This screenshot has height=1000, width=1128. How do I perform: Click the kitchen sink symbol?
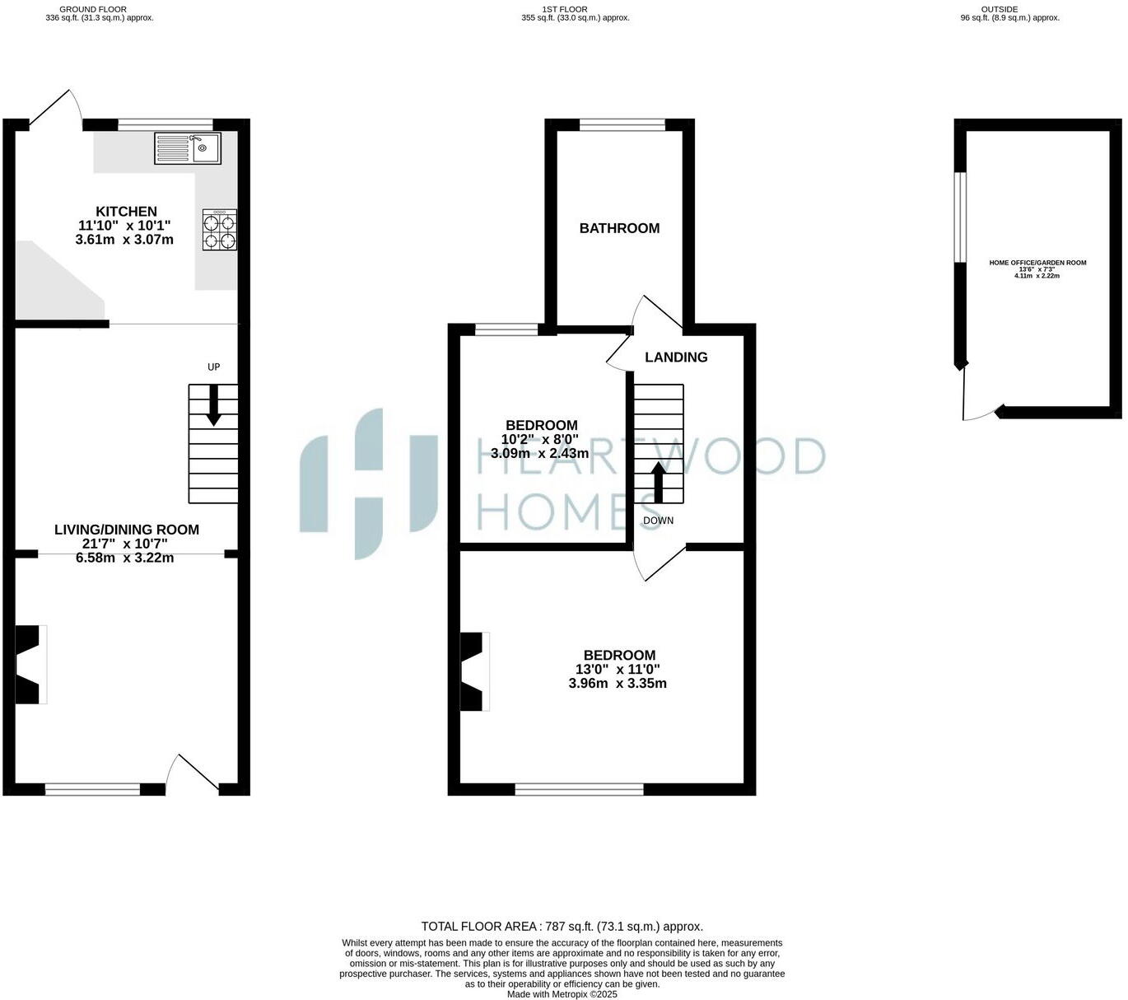[x=188, y=148]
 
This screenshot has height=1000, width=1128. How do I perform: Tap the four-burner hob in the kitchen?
[x=220, y=230]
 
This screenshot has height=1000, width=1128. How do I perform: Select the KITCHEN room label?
[x=126, y=212]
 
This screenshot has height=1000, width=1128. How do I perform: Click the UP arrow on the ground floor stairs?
[x=213, y=405]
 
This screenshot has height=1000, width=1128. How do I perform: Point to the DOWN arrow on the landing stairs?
[x=658, y=483]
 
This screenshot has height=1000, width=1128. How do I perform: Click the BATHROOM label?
[x=619, y=228]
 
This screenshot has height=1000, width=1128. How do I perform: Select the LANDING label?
[x=676, y=357]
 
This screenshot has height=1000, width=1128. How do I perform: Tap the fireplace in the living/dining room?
[x=30, y=665]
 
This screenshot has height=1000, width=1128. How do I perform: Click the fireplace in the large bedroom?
[x=473, y=671]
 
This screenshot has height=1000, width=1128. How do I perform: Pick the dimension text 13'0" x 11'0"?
[x=618, y=670]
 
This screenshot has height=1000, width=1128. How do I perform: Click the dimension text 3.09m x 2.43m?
[x=539, y=453]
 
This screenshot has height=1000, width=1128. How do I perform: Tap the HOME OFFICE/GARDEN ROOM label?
[x=1037, y=263]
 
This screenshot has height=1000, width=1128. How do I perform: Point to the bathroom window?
[x=622, y=125]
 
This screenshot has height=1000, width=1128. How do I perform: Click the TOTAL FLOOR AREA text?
[x=562, y=927]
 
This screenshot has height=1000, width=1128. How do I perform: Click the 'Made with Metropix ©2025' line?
[x=562, y=994]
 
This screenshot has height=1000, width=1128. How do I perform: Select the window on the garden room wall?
[x=960, y=217]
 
